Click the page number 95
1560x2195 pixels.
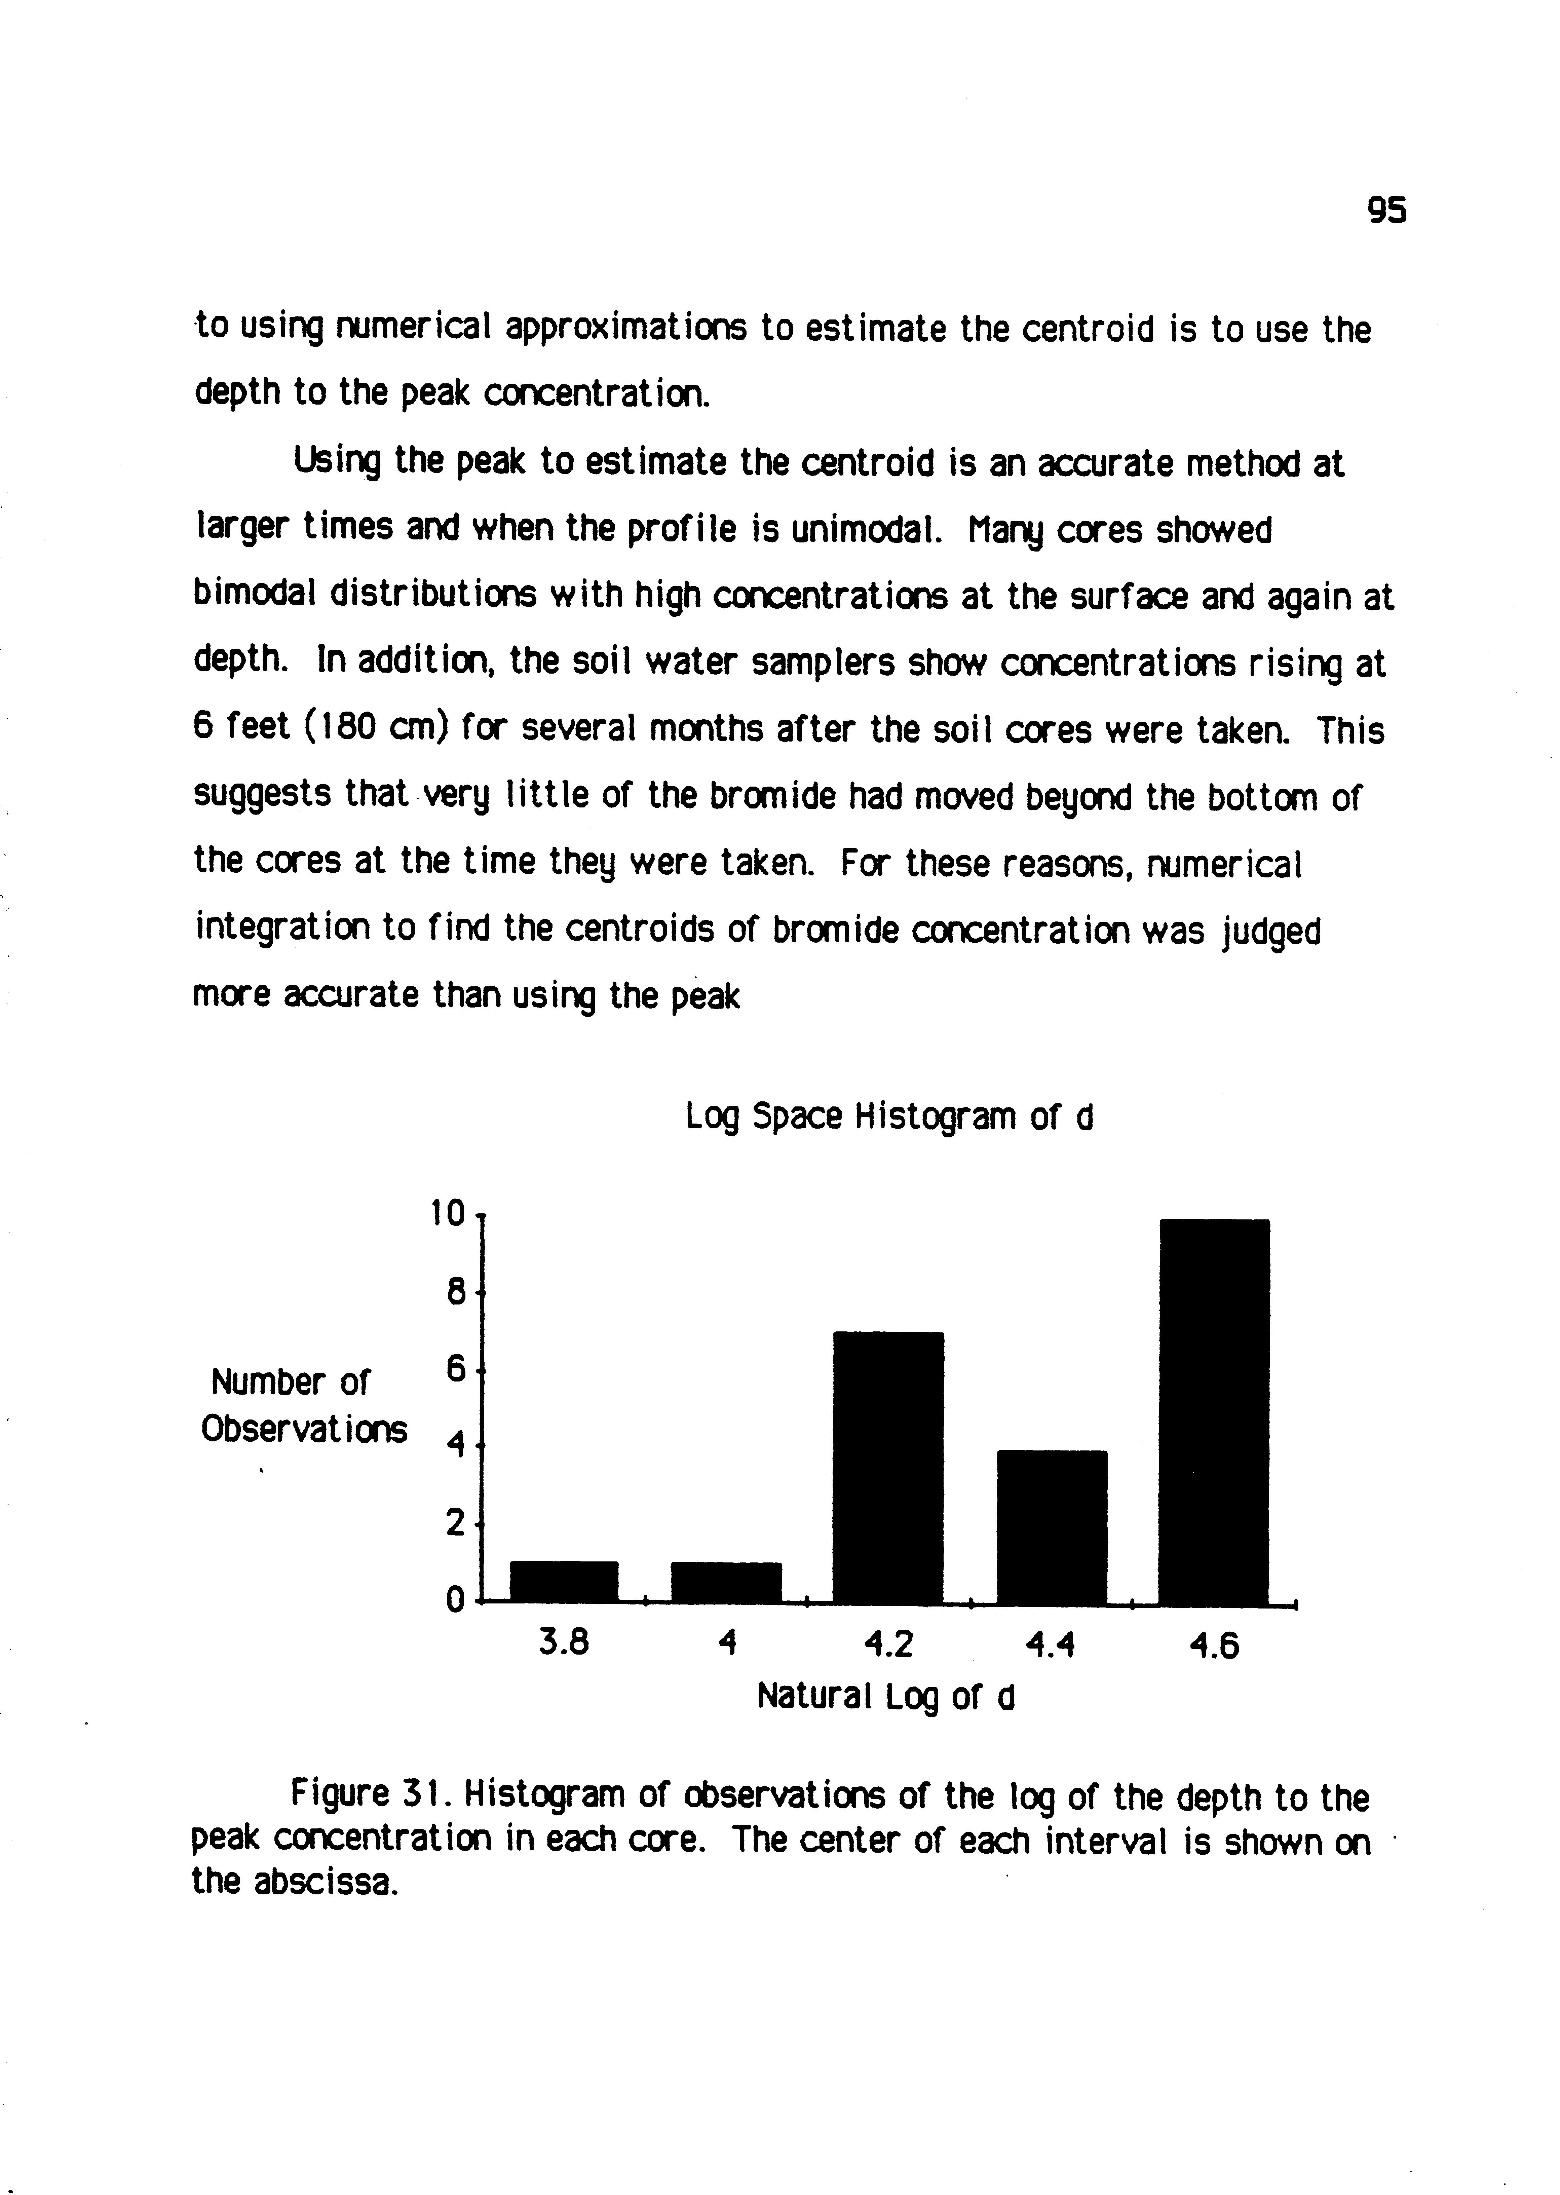(1386, 236)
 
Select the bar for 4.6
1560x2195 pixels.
(1214, 1410)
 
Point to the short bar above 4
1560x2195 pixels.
(726, 1582)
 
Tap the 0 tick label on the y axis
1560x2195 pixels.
(455, 1600)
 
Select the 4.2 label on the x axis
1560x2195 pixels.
(888, 1647)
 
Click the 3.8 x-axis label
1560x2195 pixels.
(564, 1644)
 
